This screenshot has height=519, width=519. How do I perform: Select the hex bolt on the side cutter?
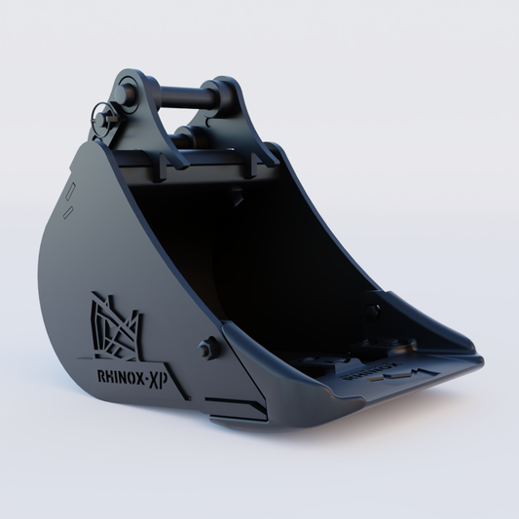click(205, 349)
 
